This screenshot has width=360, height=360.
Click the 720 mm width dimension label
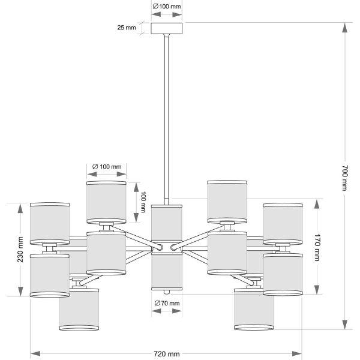coord(166,354)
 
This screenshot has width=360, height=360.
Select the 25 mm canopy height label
coord(127,28)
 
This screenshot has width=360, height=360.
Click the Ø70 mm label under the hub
coord(166,304)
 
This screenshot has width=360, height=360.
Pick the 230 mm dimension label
coord(20,249)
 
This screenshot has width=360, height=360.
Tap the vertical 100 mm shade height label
coord(143,202)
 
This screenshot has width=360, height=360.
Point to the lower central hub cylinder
coord(166,271)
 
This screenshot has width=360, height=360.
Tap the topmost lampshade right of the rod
coord(227,201)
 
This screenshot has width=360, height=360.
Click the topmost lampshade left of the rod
coord(106,201)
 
